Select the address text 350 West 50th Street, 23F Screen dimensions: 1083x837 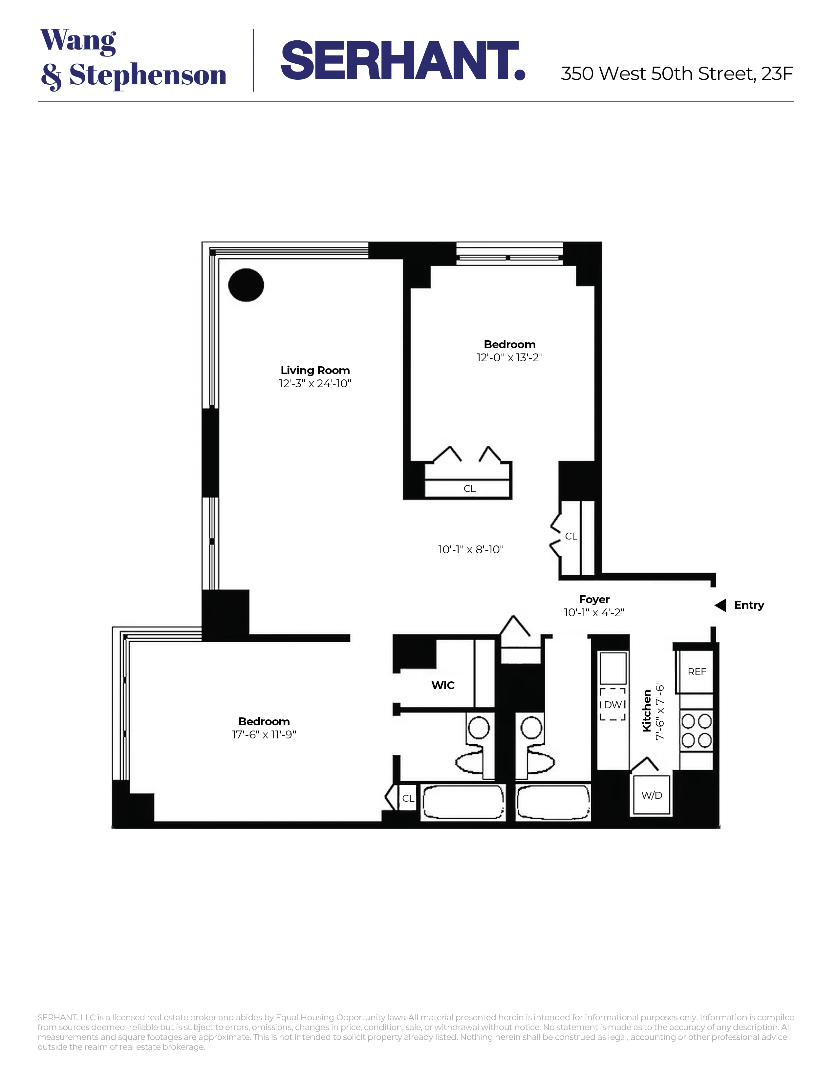click(676, 74)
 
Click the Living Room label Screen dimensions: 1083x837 click(315, 371)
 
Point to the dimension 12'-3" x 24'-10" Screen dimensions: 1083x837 click(315, 383)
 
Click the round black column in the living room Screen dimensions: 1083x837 click(246, 285)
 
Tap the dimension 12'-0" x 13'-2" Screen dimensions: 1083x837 click(509, 357)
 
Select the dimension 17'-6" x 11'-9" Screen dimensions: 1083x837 click(264, 734)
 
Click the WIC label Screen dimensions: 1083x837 click(443, 685)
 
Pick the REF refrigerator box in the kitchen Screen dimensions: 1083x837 click(696, 672)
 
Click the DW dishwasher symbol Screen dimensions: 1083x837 click(613, 705)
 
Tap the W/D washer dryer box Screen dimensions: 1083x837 click(652, 796)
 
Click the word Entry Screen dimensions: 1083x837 click(749, 605)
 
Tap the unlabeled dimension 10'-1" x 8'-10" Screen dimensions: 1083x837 click(471, 549)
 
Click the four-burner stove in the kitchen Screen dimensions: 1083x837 click(696, 731)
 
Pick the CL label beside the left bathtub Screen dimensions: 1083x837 click(408, 798)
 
